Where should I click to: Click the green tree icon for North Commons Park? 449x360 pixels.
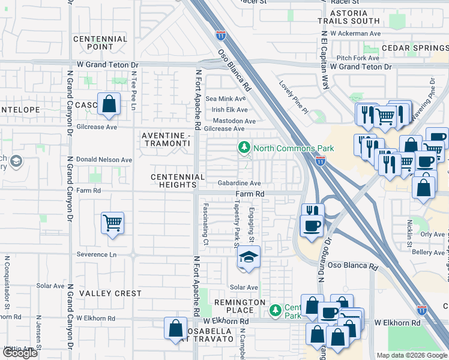[244, 148]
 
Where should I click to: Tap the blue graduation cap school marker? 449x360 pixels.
[249, 257]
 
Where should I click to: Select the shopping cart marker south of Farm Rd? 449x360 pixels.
[112, 224]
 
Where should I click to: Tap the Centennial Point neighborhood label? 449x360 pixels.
[100, 43]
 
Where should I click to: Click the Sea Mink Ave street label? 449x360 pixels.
[226, 98]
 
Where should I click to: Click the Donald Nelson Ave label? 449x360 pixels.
[104, 160]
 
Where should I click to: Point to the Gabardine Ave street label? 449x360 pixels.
[239, 183]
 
